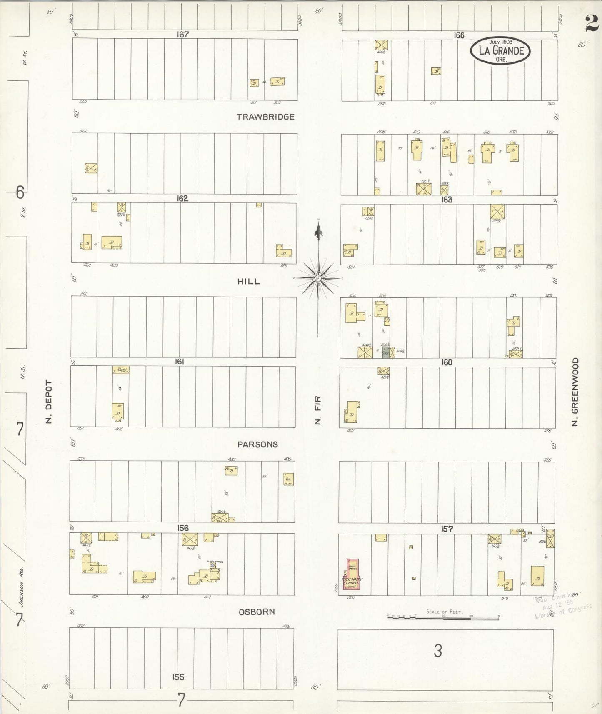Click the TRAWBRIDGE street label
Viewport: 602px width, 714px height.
[x=265, y=117]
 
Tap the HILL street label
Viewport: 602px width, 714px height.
[x=249, y=281]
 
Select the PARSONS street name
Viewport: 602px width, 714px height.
[x=257, y=444]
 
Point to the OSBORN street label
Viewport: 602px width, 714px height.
[x=257, y=612]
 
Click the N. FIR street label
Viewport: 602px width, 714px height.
[x=318, y=410]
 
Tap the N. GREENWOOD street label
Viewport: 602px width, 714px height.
[x=575, y=392]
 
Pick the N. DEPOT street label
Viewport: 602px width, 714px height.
[x=49, y=402]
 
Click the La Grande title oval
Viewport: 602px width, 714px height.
[x=500, y=51]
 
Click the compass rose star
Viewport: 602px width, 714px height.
[x=318, y=278]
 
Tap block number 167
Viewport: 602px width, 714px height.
[x=182, y=35]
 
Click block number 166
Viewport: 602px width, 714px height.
[x=459, y=35]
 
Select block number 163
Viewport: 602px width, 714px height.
[x=447, y=200]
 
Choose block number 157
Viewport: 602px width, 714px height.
[x=447, y=529]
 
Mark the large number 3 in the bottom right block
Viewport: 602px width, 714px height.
[x=437, y=650]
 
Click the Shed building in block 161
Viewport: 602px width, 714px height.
[x=121, y=369]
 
